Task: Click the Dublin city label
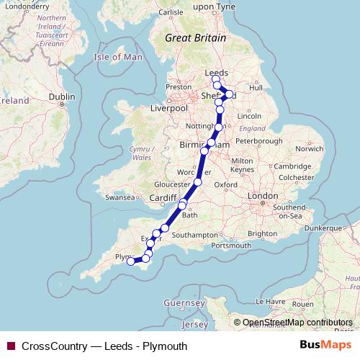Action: [x=63, y=96]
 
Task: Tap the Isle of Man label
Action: [x=118, y=57]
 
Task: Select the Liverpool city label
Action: [x=168, y=108]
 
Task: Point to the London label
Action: [x=262, y=196]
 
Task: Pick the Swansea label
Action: [x=120, y=197]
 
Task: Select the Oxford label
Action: [x=225, y=184]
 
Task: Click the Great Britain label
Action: [x=195, y=38]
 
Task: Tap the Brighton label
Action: [x=263, y=234]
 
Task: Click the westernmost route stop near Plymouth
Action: [x=131, y=261]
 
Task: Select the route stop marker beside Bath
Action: [x=182, y=205]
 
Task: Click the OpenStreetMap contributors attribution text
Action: [x=297, y=323]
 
